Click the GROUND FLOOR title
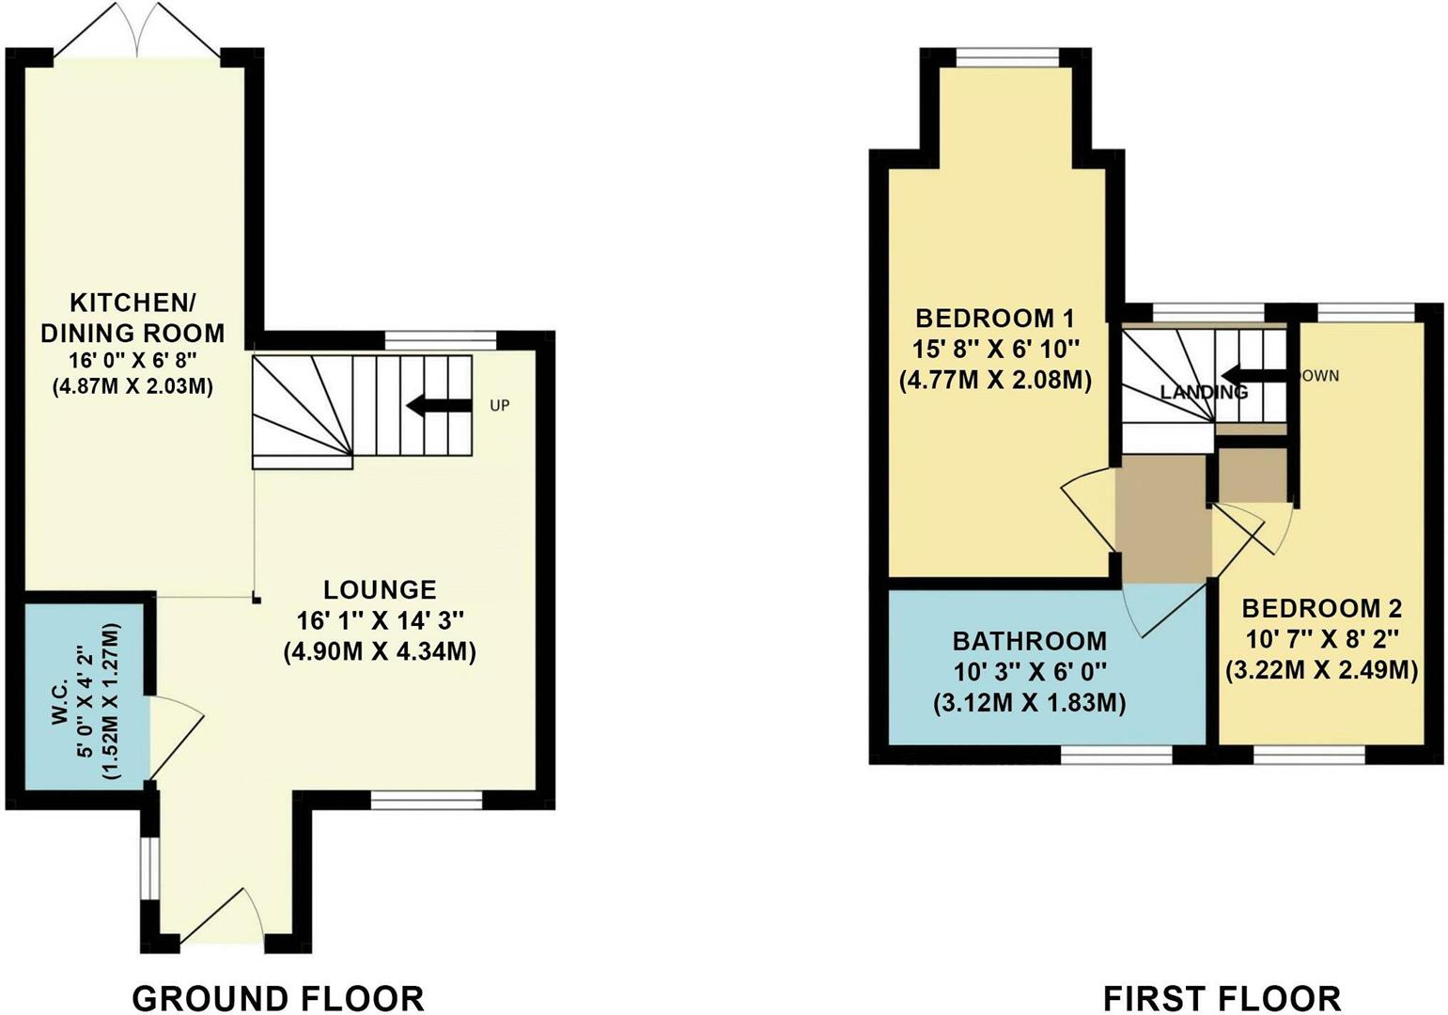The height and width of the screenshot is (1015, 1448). (x=278, y=997)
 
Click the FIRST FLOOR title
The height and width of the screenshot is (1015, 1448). (x=1222, y=997)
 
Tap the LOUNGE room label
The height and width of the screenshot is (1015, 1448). (x=380, y=589)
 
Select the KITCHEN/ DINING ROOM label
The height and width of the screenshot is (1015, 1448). (x=148, y=318)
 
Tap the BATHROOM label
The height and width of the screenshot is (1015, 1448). (x=1030, y=641)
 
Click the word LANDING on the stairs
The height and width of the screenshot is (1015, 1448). (x=1204, y=391)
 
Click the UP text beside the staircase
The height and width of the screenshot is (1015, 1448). (x=499, y=406)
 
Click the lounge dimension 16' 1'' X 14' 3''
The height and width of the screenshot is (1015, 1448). (x=380, y=620)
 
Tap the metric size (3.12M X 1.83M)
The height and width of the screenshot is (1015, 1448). (x=1030, y=703)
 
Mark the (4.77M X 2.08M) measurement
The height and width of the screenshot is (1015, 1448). (x=996, y=381)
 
